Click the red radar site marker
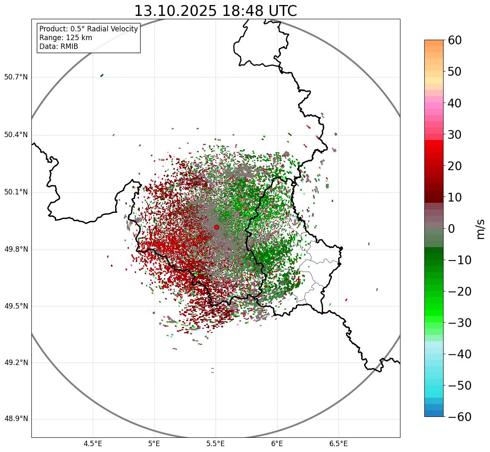[x=216, y=227]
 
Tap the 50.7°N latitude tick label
[x=16, y=77]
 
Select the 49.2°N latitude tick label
[x=16, y=363]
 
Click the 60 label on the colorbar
[x=455, y=40]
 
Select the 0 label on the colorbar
[x=452, y=229]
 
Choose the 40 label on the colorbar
[x=455, y=103]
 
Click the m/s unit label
[x=480, y=229]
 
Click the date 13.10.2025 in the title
[x=175, y=11]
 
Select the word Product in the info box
[x=52, y=29]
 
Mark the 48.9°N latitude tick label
[x=16, y=419]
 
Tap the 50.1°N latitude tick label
[x=16, y=192]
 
